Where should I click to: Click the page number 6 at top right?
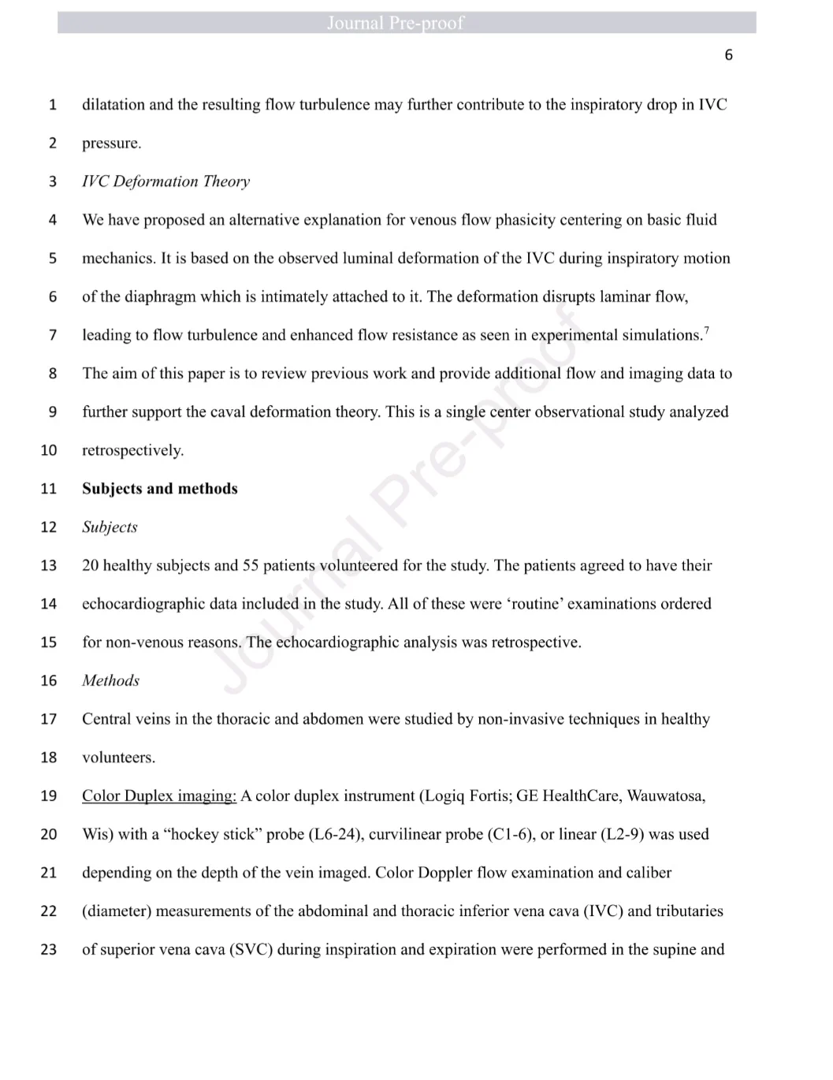[728, 54]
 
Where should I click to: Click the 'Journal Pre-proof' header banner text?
[395, 23]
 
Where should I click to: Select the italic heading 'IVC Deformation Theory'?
[165, 181]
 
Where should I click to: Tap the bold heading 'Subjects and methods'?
[159, 489]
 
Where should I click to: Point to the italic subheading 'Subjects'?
[110, 527]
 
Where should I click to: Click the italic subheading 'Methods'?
[110, 681]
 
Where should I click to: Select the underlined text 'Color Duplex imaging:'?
[159, 796]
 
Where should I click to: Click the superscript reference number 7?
[706, 330]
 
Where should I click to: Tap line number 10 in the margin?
[49, 450]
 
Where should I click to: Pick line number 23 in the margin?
[49, 949]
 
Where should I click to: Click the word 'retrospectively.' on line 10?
[132, 451]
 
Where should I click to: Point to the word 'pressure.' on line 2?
[112, 143]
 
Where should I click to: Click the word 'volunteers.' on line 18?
[118, 758]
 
